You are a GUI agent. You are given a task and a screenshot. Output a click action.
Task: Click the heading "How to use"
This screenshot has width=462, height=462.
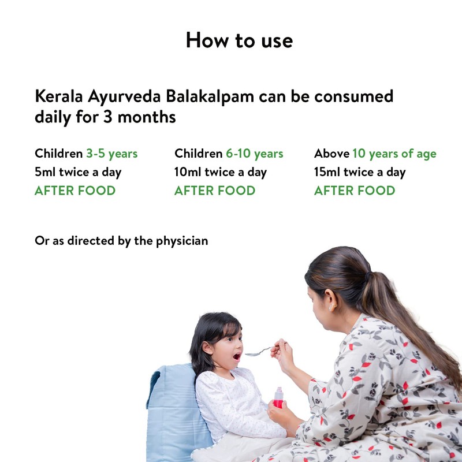pyautogui.click(x=239, y=40)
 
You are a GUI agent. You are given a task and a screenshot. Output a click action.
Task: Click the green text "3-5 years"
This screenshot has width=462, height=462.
pyautogui.click(x=112, y=154)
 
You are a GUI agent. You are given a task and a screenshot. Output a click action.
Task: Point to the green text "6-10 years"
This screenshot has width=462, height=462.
pyautogui.click(x=254, y=154)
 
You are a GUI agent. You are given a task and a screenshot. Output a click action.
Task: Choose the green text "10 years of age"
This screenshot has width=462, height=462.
pyautogui.click(x=394, y=154)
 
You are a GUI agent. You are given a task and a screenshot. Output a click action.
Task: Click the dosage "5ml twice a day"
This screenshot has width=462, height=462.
pyautogui.click(x=78, y=172)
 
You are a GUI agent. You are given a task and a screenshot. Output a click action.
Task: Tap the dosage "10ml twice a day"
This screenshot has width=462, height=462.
pyautogui.click(x=221, y=172)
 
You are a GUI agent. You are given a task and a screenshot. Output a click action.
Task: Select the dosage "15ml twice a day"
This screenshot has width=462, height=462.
pyautogui.click(x=360, y=172)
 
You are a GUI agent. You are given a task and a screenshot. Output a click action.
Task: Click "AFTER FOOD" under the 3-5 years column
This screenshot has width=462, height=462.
pyautogui.click(x=75, y=191)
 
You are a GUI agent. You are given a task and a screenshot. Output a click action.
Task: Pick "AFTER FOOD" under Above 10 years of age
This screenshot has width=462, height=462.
pyautogui.click(x=355, y=191)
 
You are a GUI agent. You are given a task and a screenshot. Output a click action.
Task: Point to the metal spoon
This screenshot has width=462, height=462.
pyautogui.click(x=258, y=351)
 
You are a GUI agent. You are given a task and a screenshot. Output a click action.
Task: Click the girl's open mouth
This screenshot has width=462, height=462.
pyautogui.click(x=236, y=356)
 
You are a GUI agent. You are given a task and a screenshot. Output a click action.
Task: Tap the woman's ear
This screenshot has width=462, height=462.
pyautogui.click(x=333, y=304)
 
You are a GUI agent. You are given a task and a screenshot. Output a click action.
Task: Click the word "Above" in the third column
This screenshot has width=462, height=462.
pyautogui.click(x=331, y=154)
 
